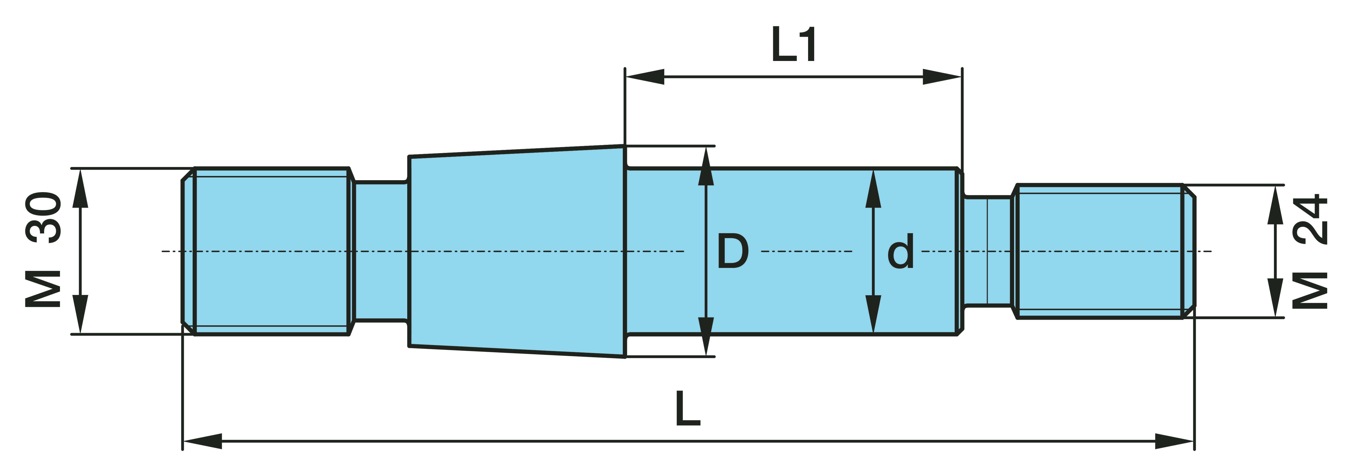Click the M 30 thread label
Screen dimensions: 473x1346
point(43,250)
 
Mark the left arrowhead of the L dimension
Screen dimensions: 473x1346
point(203,441)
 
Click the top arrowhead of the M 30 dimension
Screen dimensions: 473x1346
point(80,188)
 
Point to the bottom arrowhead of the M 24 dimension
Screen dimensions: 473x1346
point(1276,298)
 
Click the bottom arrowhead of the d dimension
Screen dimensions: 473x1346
point(873,314)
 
